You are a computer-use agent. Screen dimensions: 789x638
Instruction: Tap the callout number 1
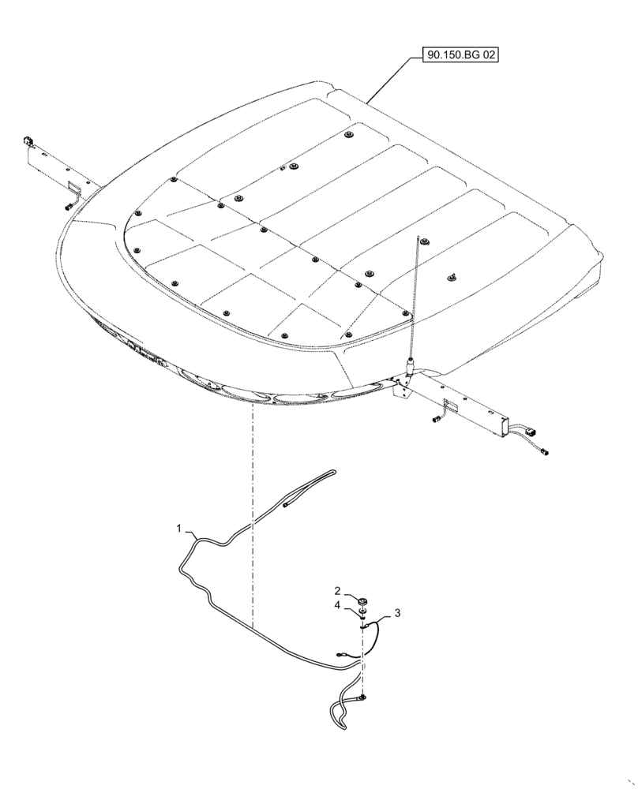coord(179,526)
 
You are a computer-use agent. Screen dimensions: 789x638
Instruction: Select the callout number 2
coord(337,590)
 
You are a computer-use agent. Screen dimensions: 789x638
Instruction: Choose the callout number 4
coord(337,605)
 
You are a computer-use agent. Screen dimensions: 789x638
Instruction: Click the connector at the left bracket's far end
coord(28,142)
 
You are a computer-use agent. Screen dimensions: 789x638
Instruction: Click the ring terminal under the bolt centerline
coord(362,697)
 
